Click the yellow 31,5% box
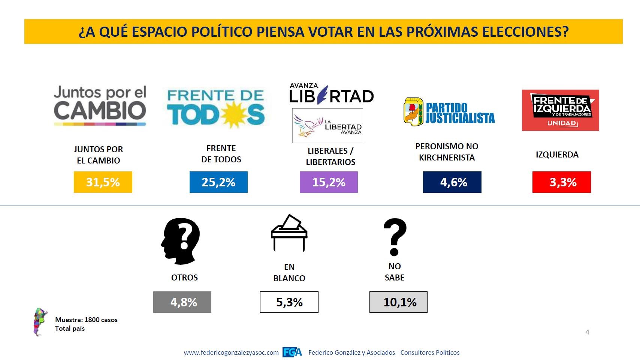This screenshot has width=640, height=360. (103, 182)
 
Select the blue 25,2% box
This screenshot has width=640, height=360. (218, 182)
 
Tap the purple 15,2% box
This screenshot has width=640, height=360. (329, 182)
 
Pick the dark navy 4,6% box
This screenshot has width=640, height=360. (452, 182)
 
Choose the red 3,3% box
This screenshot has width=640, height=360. (561, 182)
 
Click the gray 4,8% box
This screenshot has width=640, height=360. (182, 302)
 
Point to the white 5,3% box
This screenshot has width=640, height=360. (289, 302)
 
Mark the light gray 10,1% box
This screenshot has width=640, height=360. (398, 302)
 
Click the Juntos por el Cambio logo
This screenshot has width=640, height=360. (100, 105)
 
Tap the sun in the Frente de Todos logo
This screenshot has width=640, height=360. (234, 114)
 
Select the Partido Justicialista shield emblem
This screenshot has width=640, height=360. (413, 112)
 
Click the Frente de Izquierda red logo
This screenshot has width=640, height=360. (560, 110)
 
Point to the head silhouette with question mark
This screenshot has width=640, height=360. (181, 241)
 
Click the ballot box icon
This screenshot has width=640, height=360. (289, 233)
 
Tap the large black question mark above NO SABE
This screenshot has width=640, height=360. (395, 237)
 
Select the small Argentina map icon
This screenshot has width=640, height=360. (40, 322)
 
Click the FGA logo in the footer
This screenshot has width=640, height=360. (292, 352)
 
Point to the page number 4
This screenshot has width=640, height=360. (587, 332)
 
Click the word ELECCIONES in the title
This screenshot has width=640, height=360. (525, 32)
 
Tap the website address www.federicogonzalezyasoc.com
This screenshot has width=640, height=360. (231, 352)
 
